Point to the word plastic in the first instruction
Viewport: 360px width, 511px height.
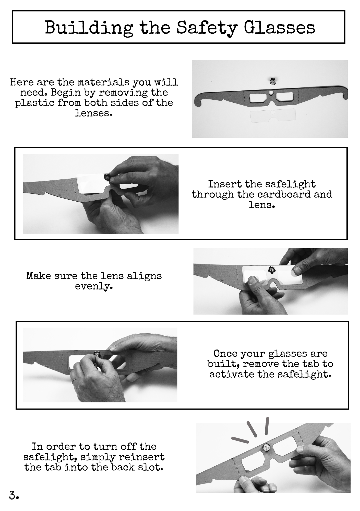click(x=33, y=103)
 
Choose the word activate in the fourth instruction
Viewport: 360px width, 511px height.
click(x=232, y=374)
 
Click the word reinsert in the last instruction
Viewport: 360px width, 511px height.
click(x=141, y=457)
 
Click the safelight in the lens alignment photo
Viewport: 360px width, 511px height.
click(x=271, y=270)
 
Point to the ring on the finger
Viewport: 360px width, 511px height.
click(x=74, y=381)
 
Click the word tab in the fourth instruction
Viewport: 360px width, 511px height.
click(x=309, y=364)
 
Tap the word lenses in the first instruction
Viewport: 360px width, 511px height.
click(x=94, y=113)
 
